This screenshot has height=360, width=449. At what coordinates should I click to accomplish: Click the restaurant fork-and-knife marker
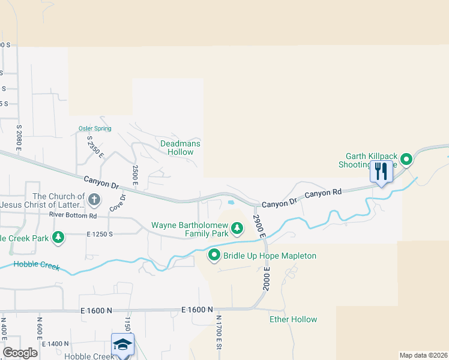tap(381, 172)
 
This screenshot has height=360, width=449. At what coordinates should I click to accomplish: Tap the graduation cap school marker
tap(122, 344)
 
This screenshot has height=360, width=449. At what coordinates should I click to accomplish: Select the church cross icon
tap(94, 199)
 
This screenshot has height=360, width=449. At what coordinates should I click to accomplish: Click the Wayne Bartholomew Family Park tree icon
tap(237, 228)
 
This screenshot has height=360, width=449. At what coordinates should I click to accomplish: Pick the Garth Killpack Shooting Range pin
tap(406, 159)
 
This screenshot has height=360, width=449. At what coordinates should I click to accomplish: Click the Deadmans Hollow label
tap(180, 148)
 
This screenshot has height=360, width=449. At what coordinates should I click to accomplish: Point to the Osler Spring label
tap(95, 128)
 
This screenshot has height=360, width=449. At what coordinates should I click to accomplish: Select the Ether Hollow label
tap(293, 319)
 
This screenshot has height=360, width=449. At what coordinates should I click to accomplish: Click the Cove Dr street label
tap(117, 202)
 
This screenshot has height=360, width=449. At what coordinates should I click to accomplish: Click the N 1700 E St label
tap(219, 332)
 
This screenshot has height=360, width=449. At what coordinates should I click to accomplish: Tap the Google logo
tap(20, 353)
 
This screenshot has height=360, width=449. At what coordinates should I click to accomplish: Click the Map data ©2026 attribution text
tap(424, 355)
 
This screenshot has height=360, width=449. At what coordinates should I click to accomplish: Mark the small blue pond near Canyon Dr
tap(231, 202)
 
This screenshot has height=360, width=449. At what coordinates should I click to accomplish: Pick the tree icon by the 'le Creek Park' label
tap(58, 237)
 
